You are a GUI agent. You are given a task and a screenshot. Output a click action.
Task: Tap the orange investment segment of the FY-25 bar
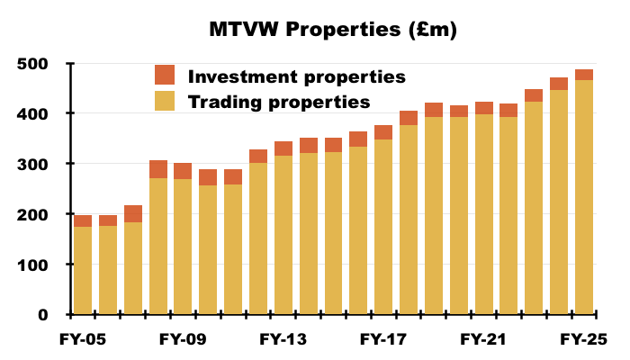tap(584, 75)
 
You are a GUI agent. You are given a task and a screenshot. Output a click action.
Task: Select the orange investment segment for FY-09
tap(183, 171)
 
